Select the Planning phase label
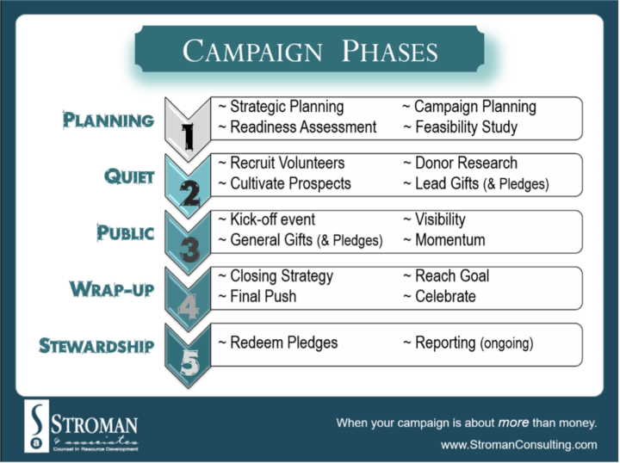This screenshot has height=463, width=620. point(108,120)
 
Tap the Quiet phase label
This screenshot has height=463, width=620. point(129,176)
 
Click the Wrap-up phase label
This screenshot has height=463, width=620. point(112,288)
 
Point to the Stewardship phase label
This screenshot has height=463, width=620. point(96,346)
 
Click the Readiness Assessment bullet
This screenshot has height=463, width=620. point(297,127)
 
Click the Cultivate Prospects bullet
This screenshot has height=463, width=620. point(284,183)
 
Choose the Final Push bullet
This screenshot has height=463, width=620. point(257,296)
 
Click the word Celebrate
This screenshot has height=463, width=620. point(445,296)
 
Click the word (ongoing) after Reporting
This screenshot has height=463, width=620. point(506,343)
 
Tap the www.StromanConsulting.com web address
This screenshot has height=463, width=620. point(518,445)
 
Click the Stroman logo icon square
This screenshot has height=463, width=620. point(35,425)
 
